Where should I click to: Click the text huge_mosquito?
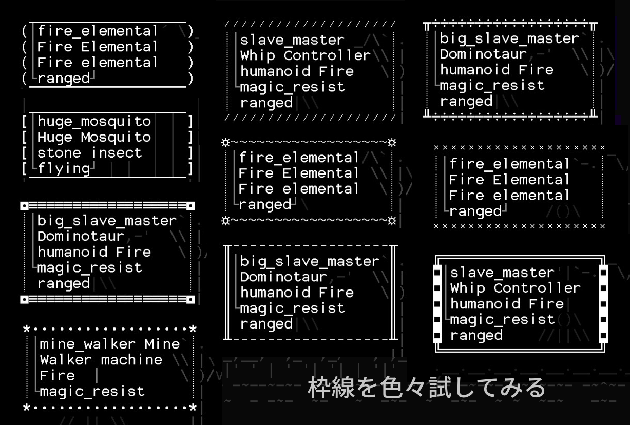coord(94,122)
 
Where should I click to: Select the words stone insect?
coord(90,153)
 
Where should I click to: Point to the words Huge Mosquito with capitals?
coord(94,138)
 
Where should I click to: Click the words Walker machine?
coord(101,360)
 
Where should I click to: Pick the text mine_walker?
coord(87,344)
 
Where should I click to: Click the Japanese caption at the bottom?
coord(426,388)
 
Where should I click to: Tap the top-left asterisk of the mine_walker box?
coord(27,329)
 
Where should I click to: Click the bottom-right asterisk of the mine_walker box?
coord(193,408)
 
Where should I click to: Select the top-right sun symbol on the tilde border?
coord(392,143)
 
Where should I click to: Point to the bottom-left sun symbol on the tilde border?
coord(225,221)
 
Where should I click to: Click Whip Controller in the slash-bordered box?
coord(306,55)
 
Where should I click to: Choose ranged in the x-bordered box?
coord(475,211)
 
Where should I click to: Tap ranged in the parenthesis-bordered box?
coord(64,79)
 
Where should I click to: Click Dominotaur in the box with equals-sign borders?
coord(81,237)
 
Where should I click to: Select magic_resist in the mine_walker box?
coord(92,392)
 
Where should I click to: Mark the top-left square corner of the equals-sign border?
coord(25,206)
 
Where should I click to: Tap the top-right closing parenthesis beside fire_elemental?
coord(190,31)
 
